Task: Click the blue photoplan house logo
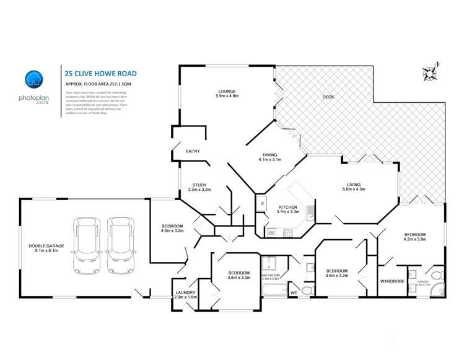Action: pyautogui.click(x=33, y=79)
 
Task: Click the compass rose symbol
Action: pyautogui.click(x=429, y=72)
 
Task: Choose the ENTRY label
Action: pyautogui.click(x=193, y=151)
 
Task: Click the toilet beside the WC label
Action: pyautogui.click(x=307, y=290)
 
